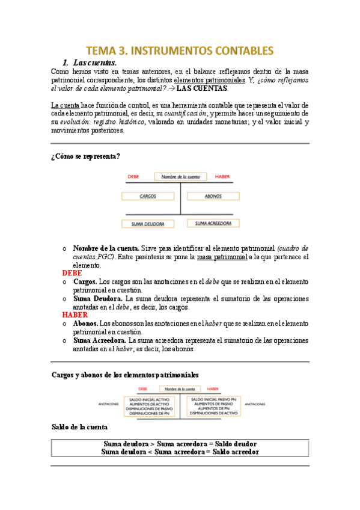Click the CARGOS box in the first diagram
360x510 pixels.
[148, 196]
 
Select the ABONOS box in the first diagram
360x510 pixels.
[213, 196]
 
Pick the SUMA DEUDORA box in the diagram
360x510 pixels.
[148, 224]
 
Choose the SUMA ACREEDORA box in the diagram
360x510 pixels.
[213, 223]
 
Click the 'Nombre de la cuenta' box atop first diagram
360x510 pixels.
[180, 177]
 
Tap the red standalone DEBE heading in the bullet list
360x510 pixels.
[72, 273]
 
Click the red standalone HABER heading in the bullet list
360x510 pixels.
[75, 315]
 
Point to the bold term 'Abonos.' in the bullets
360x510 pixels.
[86, 323]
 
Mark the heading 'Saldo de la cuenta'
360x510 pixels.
[79, 427]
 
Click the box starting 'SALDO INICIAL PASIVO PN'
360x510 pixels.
[214, 407]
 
